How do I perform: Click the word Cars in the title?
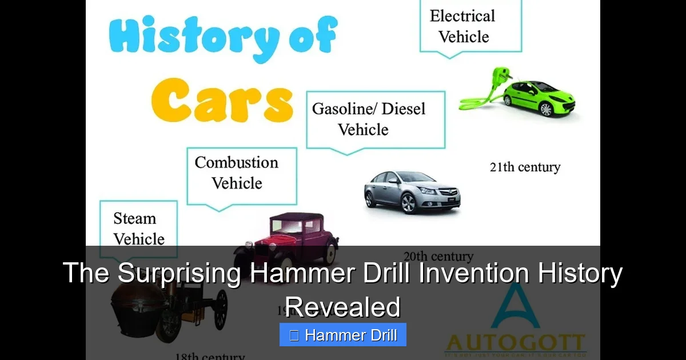point(221,101)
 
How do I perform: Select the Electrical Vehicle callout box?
point(470,26)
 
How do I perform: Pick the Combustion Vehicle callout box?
point(242,173)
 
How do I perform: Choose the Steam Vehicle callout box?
point(138,227)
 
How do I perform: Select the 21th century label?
point(525,167)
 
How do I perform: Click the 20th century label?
point(438,256)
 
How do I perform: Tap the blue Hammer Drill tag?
point(343,335)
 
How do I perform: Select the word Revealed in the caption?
point(343,307)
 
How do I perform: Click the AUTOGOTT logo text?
point(515,343)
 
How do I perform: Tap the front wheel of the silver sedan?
point(408,201)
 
